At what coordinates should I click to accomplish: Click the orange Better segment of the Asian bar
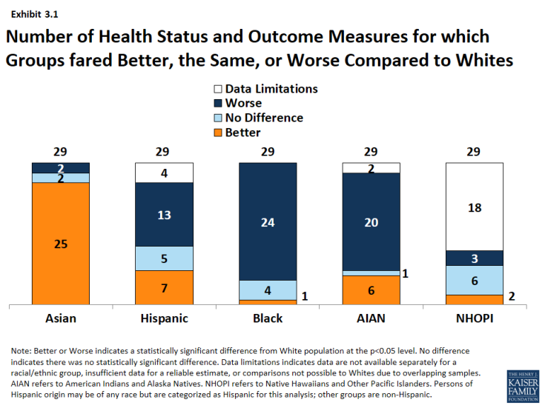pos(61,244)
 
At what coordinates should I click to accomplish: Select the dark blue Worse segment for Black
pos(268,221)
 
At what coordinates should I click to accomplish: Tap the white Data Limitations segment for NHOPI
pos(475,207)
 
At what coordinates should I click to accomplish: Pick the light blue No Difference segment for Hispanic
pos(164,258)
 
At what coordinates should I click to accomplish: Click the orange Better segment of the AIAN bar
pos(371,290)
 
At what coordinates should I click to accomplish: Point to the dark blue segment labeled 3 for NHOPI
pos(475,258)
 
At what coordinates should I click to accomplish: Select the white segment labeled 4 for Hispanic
pos(164,173)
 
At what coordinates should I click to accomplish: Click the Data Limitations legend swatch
pos(218,89)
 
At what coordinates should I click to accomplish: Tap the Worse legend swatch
pos(218,104)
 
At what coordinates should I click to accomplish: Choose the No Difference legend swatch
pos(218,118)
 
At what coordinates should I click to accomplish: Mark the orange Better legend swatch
pos(218,133)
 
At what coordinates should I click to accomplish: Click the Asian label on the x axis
pos(61,318)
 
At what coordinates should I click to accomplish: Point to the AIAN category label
pos(371,318)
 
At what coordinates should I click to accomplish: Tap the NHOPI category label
pos(475,318)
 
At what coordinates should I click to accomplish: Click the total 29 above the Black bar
pos(268,152)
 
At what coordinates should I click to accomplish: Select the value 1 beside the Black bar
pos(305,296)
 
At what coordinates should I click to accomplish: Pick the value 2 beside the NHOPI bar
pos(512,296)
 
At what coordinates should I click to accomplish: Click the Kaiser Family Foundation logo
pos(523,386)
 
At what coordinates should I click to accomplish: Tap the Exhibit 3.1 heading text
pos(34,14)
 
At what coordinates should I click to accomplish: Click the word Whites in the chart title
pos(484,60)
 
